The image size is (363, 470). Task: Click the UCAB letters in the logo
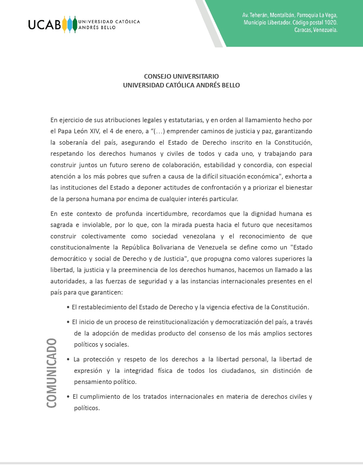pyautogui.click(x=44, y=24)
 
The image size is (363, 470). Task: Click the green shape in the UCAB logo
pyautogui.click(x=75, y=24)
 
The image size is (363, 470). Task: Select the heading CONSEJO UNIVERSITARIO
pyautogui.click(x=181, y=76)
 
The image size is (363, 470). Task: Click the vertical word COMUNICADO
pyautogui.click(x=52, y=373)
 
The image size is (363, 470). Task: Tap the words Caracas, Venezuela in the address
pyautogui.click(x=316, y=30)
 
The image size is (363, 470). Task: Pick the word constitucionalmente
pyautogui.click(x=80, y=248)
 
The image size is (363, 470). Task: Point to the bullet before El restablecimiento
pyautogui.click(x=68, y=307)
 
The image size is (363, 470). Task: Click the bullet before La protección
pyautogui.click(x=68, y=359)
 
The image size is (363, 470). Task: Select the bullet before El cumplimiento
pyautogui.click(x=68, y=397)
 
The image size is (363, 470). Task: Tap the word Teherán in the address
pyautogui.click(x=259, y=15)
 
